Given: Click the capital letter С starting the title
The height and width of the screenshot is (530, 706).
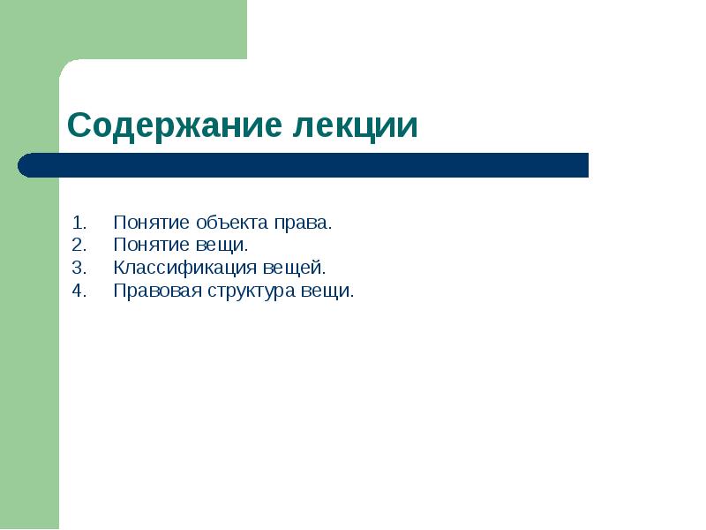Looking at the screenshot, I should click(79, 125).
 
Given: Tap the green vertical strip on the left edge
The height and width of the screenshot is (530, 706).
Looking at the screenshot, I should click(28, 353).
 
